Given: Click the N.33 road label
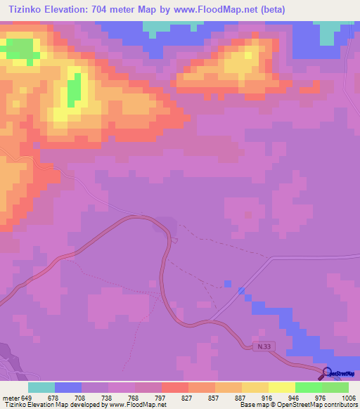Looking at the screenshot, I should coord(262,346).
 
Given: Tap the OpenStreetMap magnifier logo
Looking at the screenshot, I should coord(327,372).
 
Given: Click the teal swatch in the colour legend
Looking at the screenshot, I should coord(41,387).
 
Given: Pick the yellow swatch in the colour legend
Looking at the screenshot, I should coord(255,387).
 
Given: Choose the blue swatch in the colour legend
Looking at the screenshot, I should coord(67,387).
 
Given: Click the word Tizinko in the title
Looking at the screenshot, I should coord(27,10).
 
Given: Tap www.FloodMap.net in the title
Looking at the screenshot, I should coord(219,10).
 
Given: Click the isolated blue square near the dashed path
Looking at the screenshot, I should coord(227,284).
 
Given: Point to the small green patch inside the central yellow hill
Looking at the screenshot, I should coord(73,90).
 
